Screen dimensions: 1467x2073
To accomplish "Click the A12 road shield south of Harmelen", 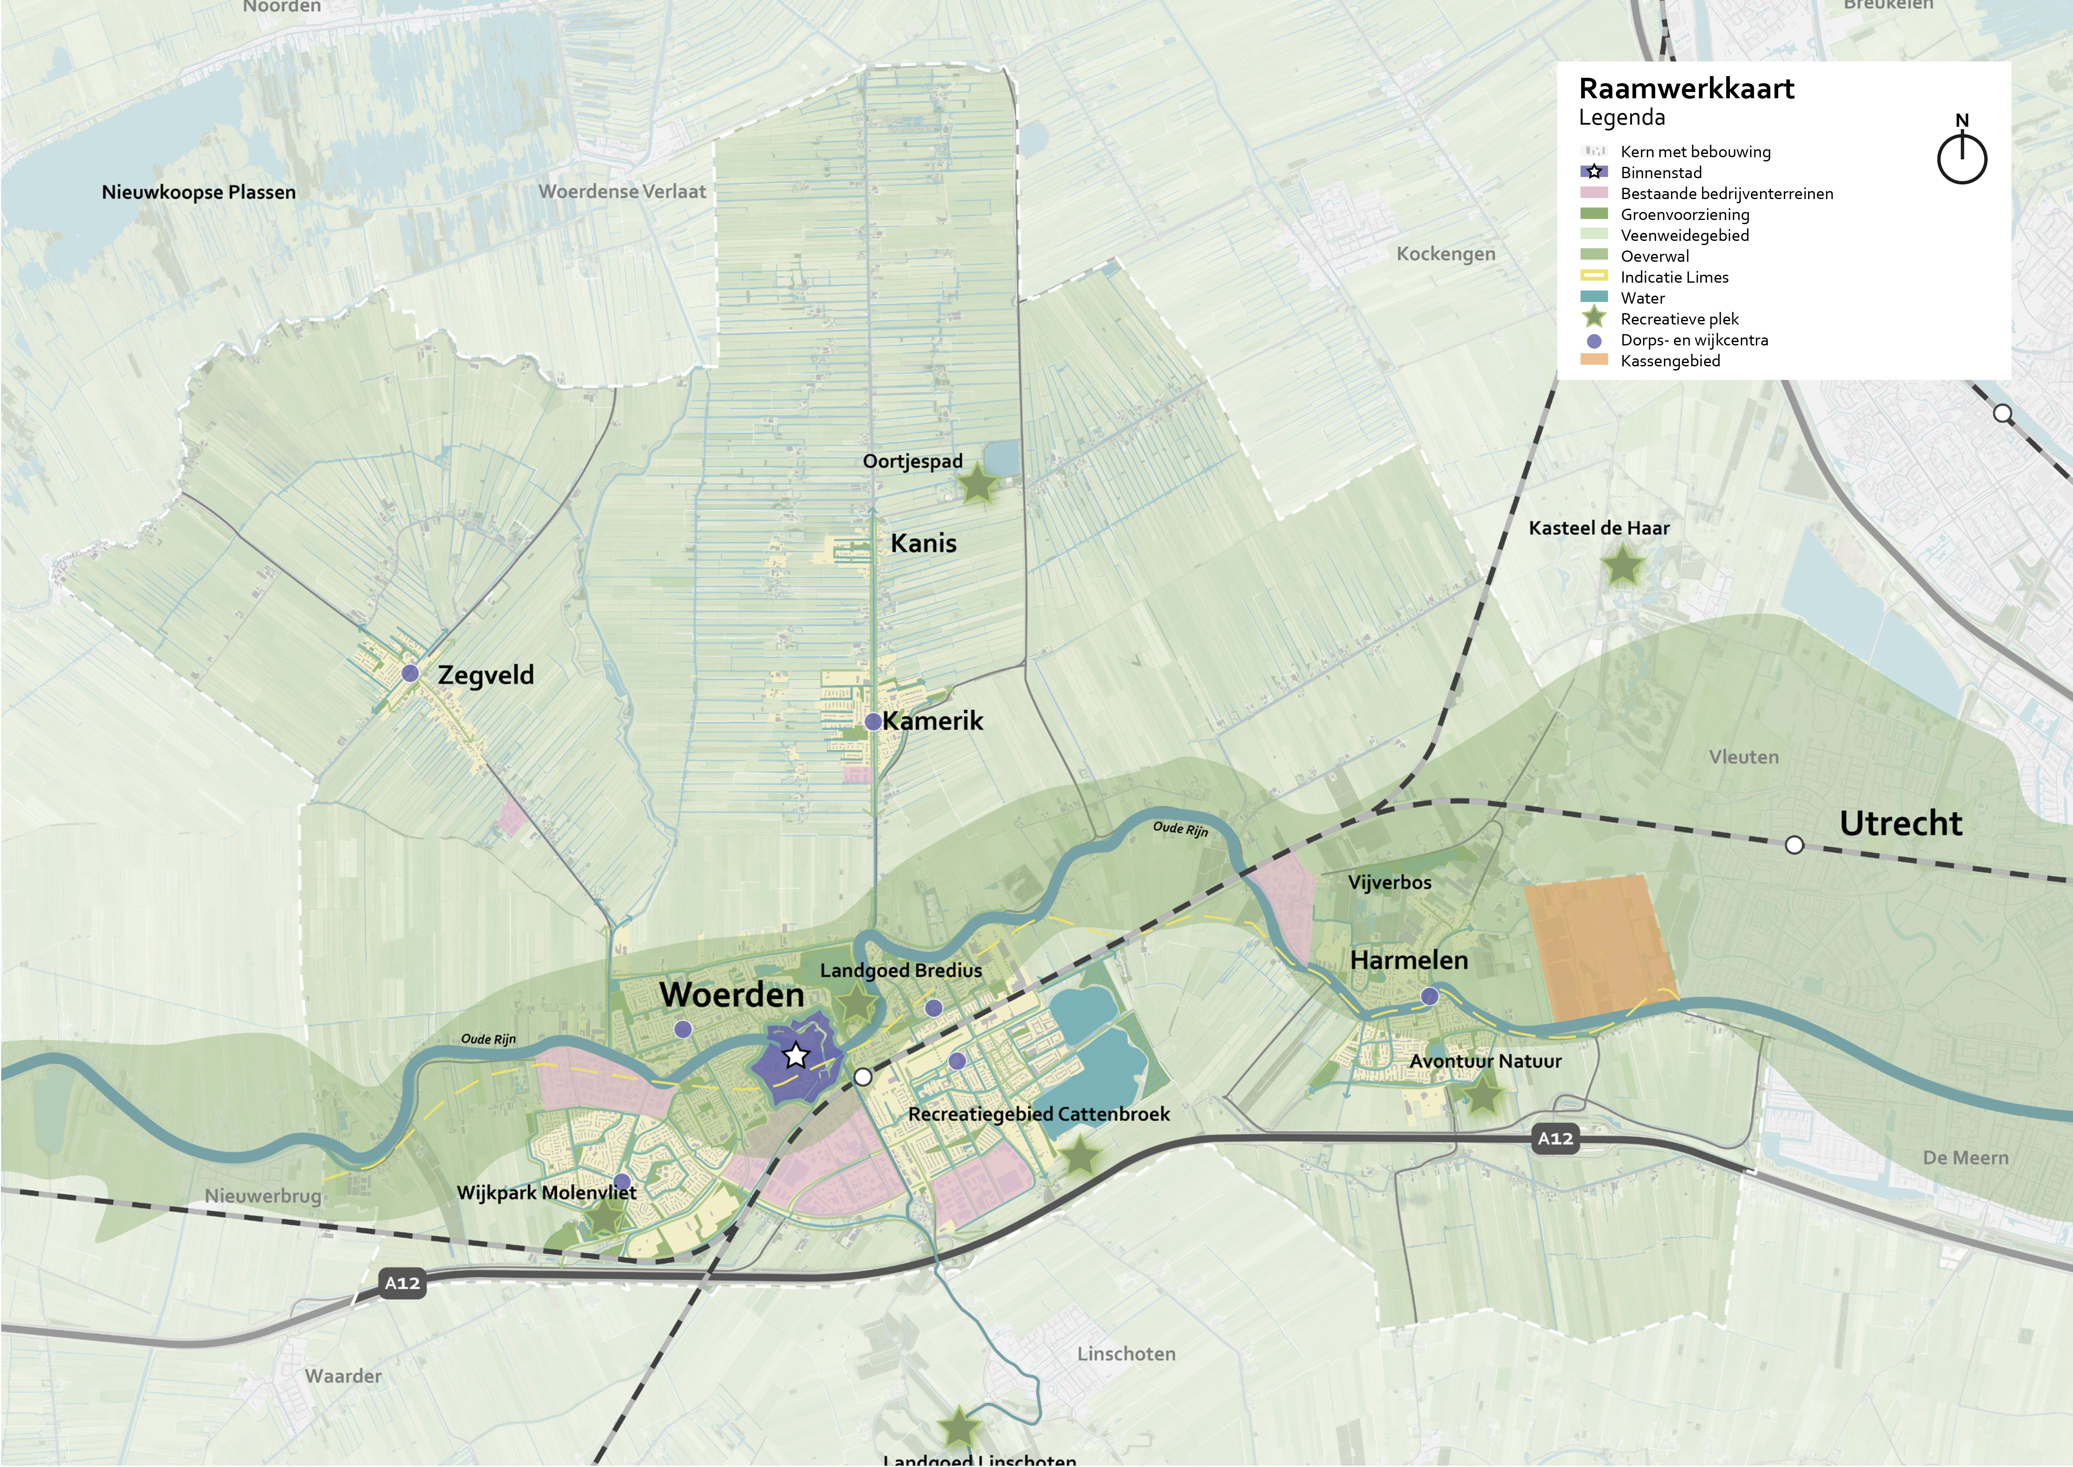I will (x=1556, y=1138).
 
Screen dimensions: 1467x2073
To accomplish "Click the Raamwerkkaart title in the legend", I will (x=1686, y=89).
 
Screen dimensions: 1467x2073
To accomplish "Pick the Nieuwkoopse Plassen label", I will (x=198, y=192).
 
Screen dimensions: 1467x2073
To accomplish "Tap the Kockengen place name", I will (x=1445, y=254).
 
